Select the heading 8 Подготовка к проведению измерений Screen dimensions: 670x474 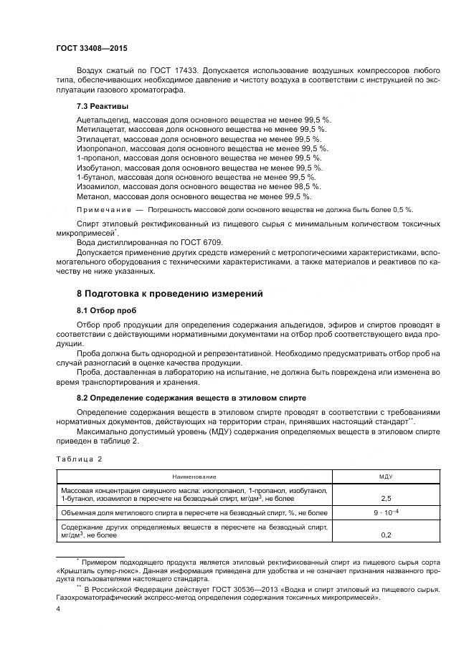160,294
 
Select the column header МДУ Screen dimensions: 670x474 386,476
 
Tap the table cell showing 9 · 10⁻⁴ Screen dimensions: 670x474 386,512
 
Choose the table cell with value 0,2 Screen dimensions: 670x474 386,534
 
